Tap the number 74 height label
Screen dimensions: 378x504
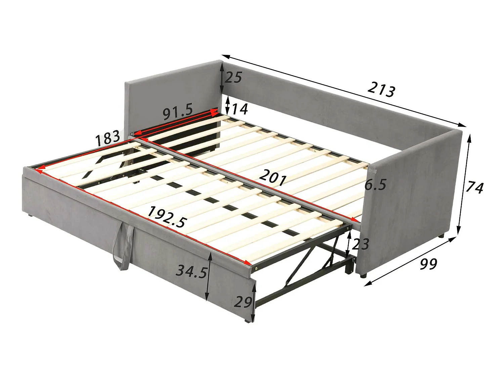coord(474,187)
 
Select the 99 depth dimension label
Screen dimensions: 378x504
coord(428,264)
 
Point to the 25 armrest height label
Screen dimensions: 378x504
coord(233,78)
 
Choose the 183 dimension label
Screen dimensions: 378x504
coord(108,137)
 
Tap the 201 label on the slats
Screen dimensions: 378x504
coord(273,177)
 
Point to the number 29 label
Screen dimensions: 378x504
coord(243,301)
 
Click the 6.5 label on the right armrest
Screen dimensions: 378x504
coord(376,184)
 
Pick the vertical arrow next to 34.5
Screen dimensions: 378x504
coord(209,277)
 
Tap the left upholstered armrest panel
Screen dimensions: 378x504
coord(171,97)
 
